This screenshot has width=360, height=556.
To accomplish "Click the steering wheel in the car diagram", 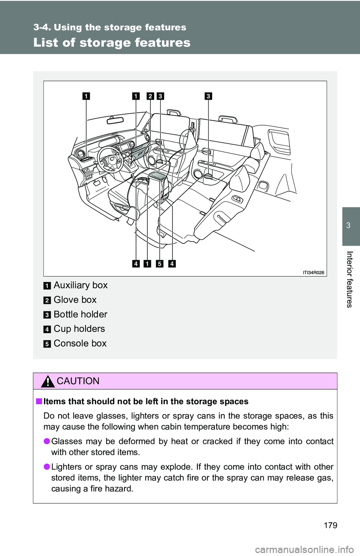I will [110, 159].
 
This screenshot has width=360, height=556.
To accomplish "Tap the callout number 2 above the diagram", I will [150, 96].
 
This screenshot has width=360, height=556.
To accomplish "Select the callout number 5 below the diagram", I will [159, 264].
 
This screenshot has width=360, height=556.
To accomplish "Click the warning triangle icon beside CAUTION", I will [48, 381].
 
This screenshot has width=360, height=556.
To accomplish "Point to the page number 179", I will [330, 525].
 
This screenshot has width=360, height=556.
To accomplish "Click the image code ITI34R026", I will [313, 272].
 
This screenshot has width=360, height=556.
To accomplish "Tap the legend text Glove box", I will [75, 300].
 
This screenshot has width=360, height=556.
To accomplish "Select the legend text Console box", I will [80, 343].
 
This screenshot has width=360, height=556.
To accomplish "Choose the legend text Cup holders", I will [79, 329].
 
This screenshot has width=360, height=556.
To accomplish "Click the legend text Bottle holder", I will [80, 314].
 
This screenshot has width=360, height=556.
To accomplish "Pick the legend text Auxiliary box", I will [81, 285].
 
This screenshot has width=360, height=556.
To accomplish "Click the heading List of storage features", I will [112, 42].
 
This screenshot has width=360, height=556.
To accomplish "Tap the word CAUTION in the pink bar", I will [78, 381].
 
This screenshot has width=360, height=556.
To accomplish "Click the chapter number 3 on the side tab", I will [348, 225].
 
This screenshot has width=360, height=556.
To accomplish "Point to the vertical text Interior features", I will [349, 279].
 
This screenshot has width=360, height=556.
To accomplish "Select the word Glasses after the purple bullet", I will [66, 441].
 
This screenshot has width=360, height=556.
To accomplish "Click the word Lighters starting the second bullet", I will [66, 467].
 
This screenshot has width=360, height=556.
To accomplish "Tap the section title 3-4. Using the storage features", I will [109, 27].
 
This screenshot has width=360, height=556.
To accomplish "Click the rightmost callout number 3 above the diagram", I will [208, 96].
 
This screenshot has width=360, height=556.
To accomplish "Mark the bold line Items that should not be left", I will [146, 402].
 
